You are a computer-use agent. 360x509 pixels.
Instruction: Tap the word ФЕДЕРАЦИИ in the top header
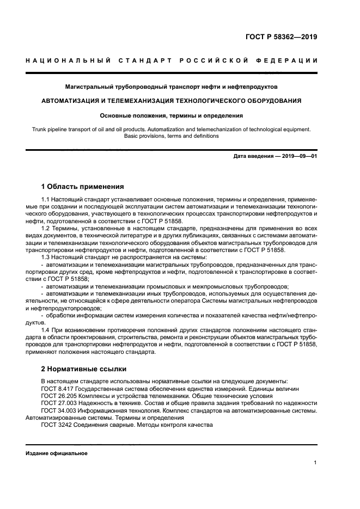tap(290, 60)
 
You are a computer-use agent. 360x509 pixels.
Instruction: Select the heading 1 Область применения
tap(82, 186)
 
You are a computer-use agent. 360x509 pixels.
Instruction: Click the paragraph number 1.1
tap(46, 200)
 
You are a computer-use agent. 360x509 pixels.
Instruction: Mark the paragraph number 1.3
tap(46, 257)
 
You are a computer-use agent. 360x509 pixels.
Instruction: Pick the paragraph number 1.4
tap(46, 330)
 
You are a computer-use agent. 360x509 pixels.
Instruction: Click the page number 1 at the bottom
tap(315, 463)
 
